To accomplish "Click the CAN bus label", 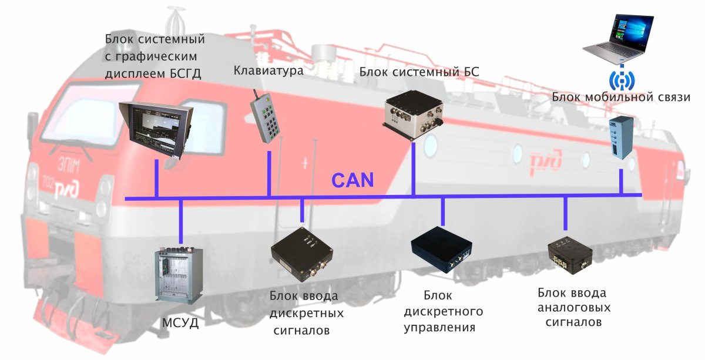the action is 352,180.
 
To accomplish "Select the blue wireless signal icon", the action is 622,80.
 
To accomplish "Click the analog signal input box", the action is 570,257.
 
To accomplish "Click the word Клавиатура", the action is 268,70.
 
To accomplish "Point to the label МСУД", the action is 180,323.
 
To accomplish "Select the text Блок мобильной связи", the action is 621,97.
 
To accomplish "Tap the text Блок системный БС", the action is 419,72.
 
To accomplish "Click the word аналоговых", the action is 574,308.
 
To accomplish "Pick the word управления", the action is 439,328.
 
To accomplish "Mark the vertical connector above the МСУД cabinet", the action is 181,222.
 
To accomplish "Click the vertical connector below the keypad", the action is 269,174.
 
